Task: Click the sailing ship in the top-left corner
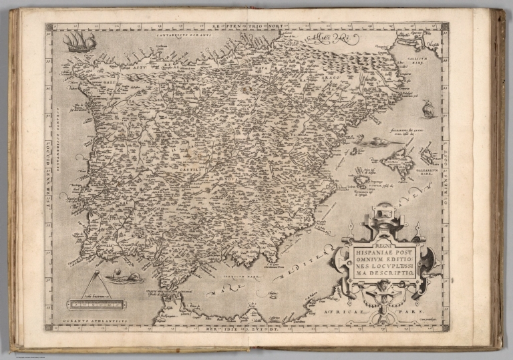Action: (79, 41)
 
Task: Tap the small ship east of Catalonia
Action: (428, 108)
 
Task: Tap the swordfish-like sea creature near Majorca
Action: (377, 142)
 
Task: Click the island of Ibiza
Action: (363, 180)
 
